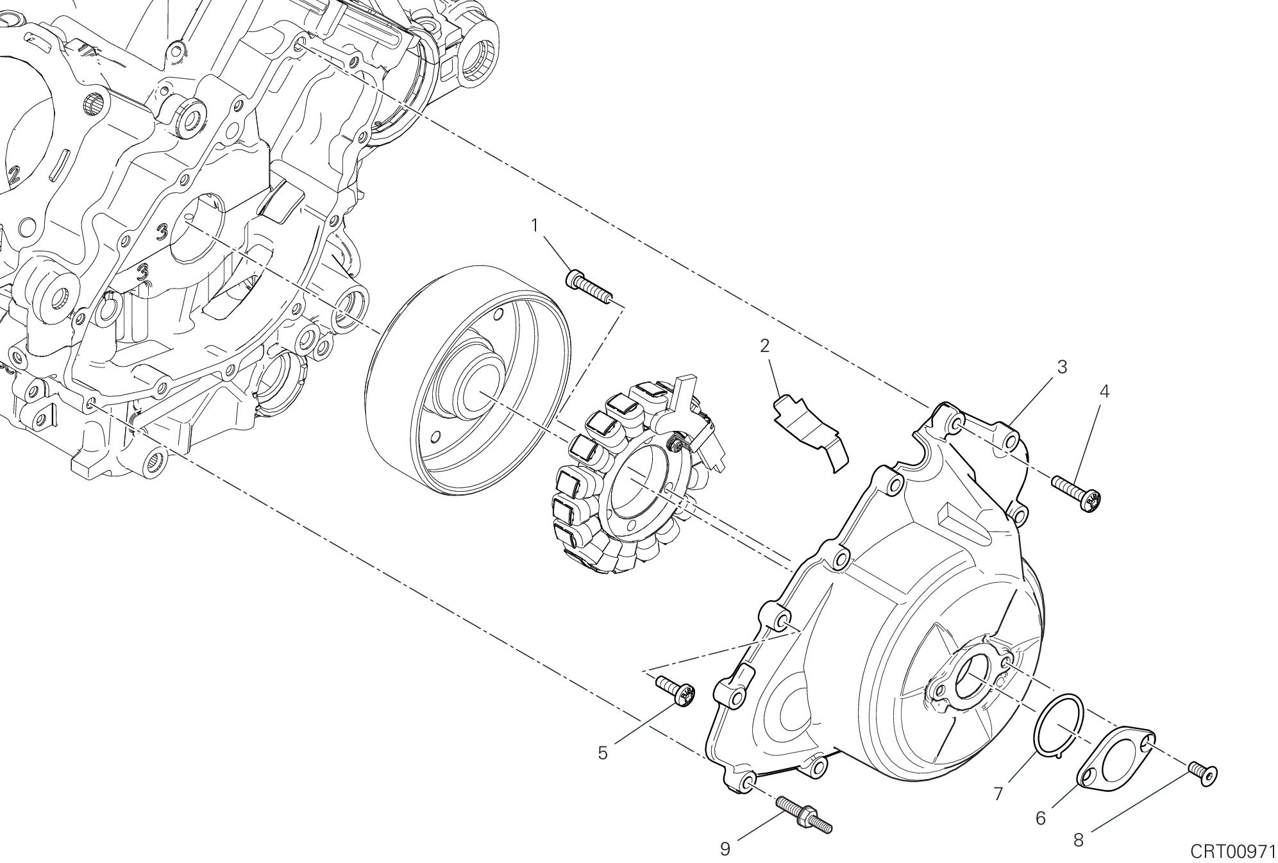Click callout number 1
pos(534,226)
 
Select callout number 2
pos(764,346)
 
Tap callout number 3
pos(1062,367)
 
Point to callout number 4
pos(1104,391)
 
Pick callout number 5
pos(603,753)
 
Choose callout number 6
pos(1041,818)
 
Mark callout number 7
pos(998,794)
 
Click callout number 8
pos(1079,840)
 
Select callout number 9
pos(725,849)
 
